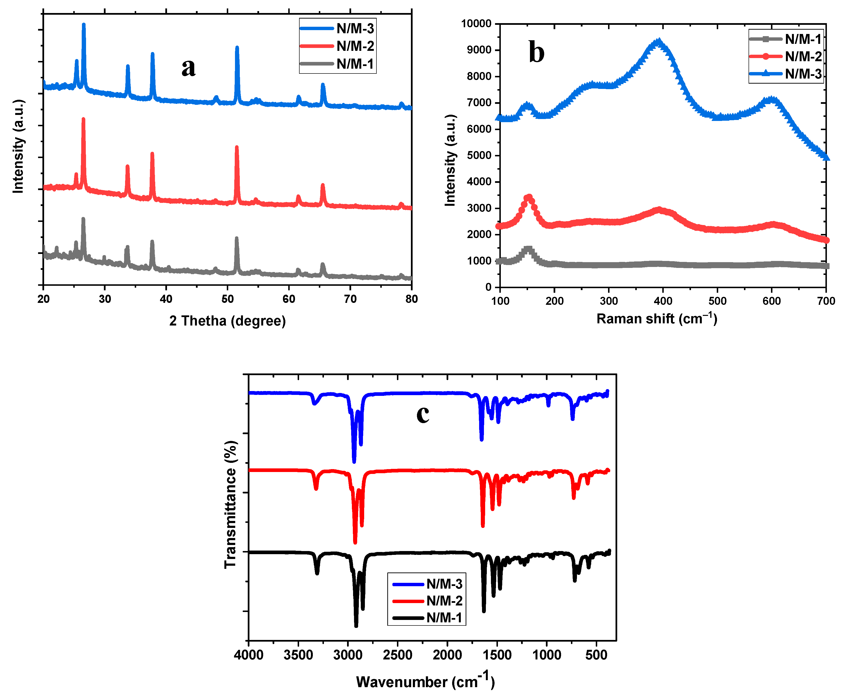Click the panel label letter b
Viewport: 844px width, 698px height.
tap(536, 52)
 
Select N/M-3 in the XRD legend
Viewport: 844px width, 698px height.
tap(355, 28)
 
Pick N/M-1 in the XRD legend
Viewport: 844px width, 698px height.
tap(355, 64)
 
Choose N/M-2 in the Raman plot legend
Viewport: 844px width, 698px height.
tap(803, 57)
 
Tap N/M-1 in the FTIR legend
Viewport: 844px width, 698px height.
tap(444, 617)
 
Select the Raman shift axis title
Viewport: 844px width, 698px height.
tap(656, 318)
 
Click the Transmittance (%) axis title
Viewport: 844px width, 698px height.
tap(230, 504)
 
